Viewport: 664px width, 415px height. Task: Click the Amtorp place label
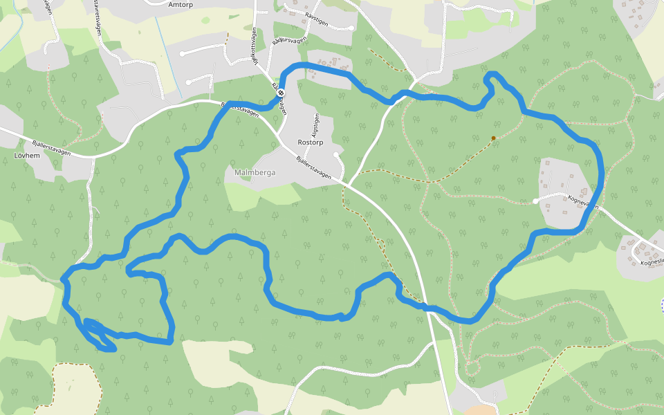coord(181,3)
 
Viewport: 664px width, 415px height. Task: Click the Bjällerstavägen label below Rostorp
coord(314,168)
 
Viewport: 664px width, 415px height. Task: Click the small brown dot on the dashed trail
coord(493,138)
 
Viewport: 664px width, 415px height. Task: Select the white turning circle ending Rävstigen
coord(351,28)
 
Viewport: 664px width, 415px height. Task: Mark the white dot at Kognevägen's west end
coord(535,201)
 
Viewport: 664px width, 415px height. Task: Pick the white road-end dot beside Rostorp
coord(335,154)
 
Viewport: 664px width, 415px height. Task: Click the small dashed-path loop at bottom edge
coord(472,367)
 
